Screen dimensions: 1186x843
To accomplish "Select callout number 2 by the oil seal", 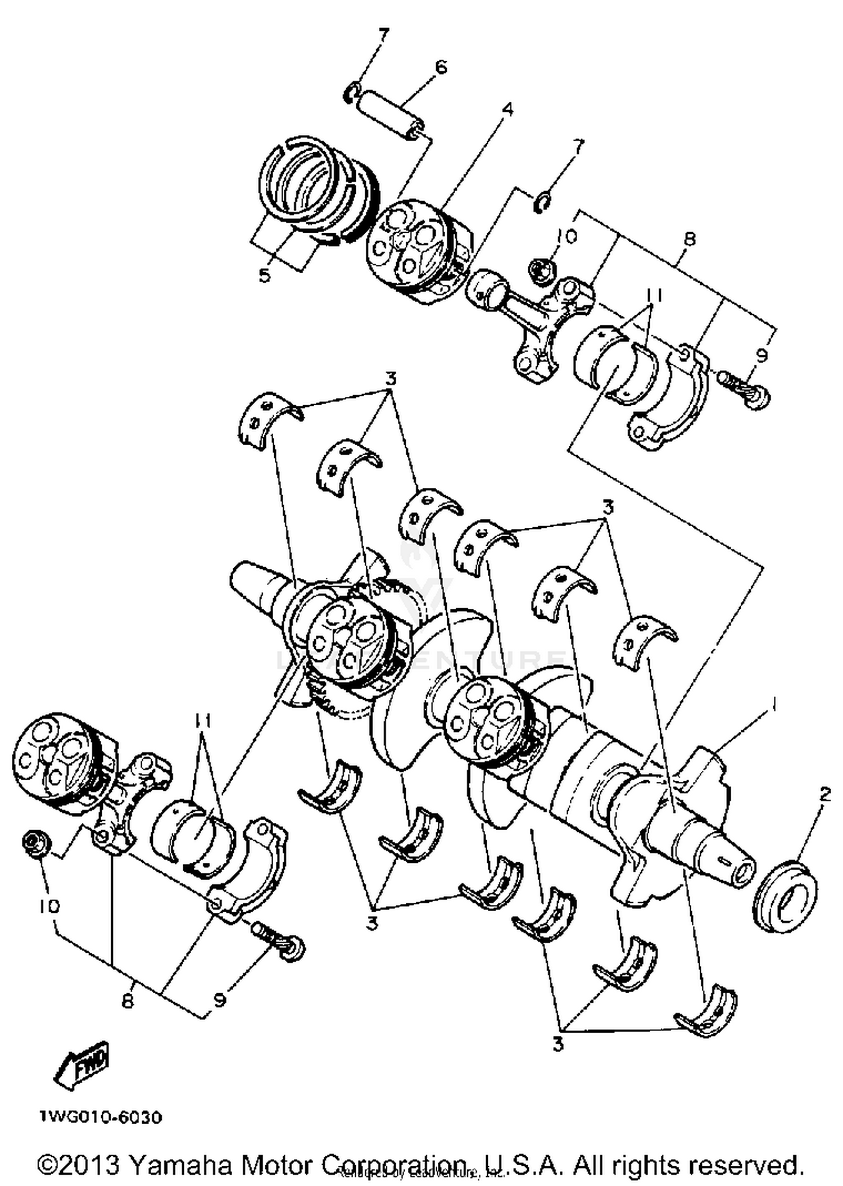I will click(x=824, y=795).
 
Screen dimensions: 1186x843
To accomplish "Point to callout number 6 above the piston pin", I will click(x=441, y=67).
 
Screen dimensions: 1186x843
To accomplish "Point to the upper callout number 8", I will click(x=690, y=239).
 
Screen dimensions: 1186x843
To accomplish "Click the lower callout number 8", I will click(x=128, y=1001).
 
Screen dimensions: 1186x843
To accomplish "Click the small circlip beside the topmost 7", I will click(x=351, y=93).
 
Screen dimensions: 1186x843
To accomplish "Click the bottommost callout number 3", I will click(x=558, y=1044).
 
